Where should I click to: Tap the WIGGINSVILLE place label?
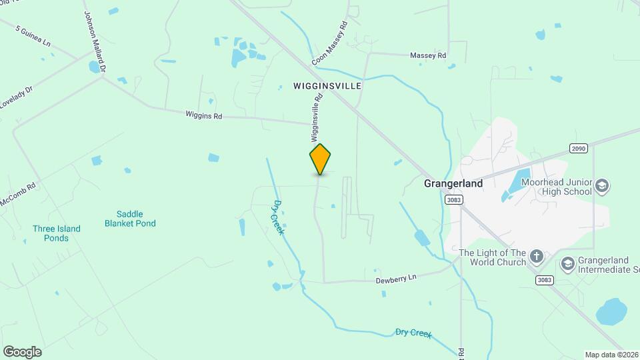click(327, 86)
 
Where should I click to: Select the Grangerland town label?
click(453, 182)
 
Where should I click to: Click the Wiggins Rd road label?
click(203, 115)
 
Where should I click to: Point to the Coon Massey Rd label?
click(330, 43)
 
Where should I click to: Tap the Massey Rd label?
click(427, 56)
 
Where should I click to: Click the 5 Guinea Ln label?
click(32, 36)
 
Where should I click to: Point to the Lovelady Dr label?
click(16, 98)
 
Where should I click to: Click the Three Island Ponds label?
click(57, 233)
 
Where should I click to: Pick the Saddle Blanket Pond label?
click(130, 219)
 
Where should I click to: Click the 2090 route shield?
click(579, 148)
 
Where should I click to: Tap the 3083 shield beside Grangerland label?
click(453, 200)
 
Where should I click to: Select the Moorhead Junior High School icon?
click(602, 185)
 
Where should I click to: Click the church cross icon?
click(537, 256)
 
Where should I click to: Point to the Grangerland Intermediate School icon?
click(567, 263)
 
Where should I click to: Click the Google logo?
click(22, 352)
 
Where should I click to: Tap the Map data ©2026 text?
click(611, 355)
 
